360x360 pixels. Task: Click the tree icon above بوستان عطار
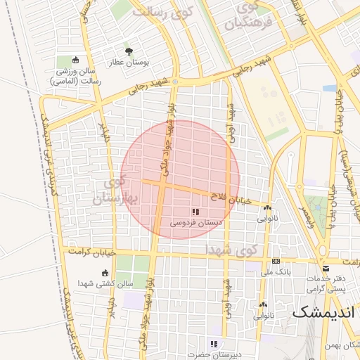[129, 51]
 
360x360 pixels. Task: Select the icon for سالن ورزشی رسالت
[76, 60]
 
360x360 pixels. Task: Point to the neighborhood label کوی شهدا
[232, 249]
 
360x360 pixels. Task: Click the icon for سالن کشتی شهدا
[105, 273]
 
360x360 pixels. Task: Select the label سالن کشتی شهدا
[105, 285]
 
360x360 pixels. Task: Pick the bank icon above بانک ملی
[276, 260]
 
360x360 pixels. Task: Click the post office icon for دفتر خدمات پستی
[326, 268]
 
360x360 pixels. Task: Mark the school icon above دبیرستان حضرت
[214, 344]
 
